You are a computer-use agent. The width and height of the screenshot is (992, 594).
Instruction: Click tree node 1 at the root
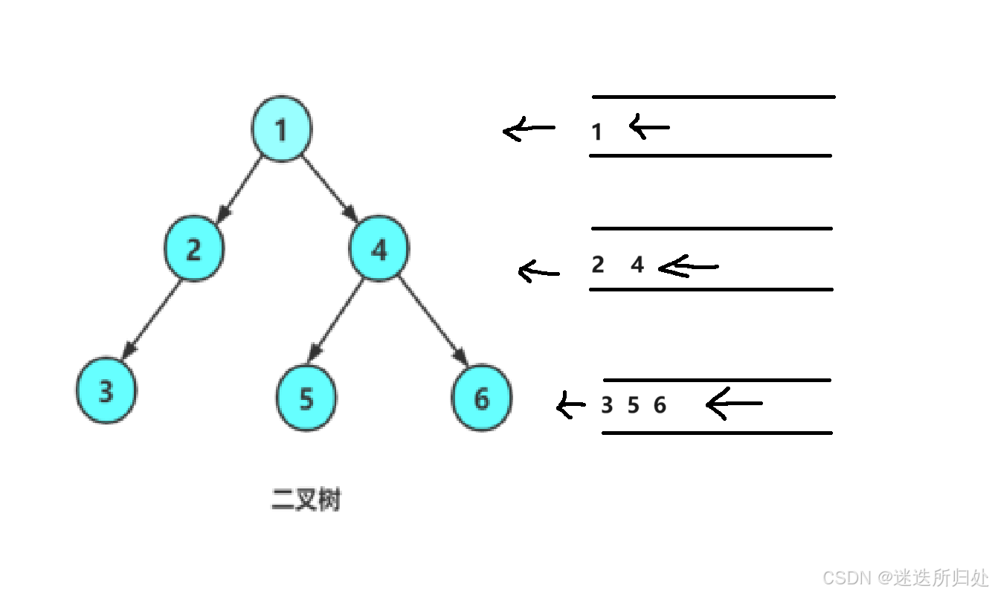280,129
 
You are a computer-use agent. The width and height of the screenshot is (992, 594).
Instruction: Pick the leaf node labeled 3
106,392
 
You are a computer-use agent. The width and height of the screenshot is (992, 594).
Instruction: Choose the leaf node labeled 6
482,399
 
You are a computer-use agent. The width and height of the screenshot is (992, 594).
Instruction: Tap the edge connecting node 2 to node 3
152,318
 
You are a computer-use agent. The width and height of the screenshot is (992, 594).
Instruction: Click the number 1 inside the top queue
596,133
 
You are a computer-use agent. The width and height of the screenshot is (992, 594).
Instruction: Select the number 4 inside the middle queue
637,265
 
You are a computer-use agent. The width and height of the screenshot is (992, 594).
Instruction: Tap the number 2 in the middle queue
598,265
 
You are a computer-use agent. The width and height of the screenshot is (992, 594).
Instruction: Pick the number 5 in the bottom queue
633,406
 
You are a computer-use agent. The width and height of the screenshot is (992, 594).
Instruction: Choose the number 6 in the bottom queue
660,406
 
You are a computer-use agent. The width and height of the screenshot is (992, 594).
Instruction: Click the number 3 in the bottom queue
607,406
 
